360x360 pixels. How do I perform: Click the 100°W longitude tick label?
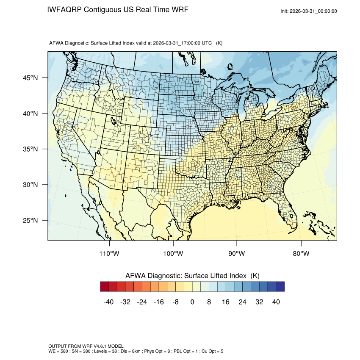173,254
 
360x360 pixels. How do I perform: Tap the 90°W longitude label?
237,254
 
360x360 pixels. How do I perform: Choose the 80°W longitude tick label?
301,254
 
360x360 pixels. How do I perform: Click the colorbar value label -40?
108,302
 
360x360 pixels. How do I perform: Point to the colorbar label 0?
192,302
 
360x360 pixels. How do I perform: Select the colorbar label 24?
243,302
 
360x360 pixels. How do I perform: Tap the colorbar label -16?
158,302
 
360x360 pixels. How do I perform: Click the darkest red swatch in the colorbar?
105,287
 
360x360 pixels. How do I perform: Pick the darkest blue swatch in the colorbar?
280,287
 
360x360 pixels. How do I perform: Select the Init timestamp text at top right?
309,11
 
